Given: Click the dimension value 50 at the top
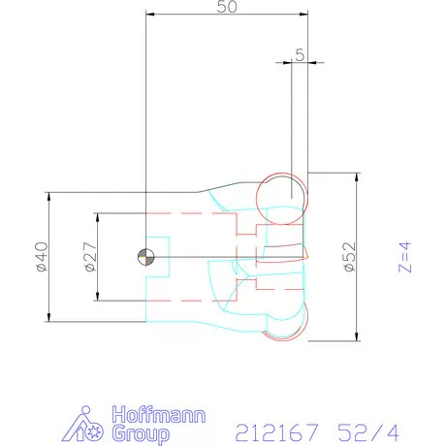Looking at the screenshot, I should click(x=226, y=8).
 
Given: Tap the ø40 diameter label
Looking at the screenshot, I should click(x=40, y=257).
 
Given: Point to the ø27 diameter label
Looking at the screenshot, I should click(x=88, y=257).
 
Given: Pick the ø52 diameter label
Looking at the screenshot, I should click(x=351, y=257).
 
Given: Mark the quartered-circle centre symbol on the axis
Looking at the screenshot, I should click(x=144, y=256).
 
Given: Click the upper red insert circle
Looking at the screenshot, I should click(x=282, y=193).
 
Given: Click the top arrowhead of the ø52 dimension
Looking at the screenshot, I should click(x=358, y=178).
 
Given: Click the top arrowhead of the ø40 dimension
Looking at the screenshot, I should click(x=48, y=195).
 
